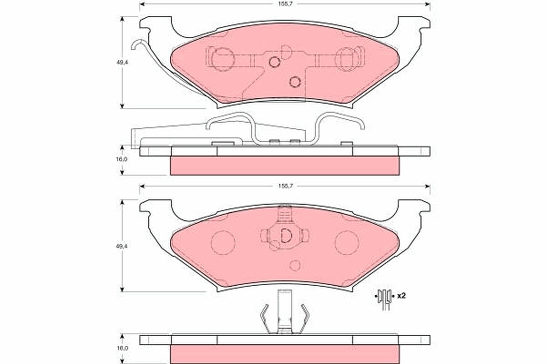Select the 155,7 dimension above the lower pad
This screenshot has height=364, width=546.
click(284, 186)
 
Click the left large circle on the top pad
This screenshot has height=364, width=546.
click(223, 60)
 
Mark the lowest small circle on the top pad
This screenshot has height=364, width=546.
click(295, 82)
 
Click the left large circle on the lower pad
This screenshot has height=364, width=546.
click(223, 242)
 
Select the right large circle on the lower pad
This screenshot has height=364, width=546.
click(347, 242)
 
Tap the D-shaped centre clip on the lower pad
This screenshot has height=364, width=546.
click(285, 235)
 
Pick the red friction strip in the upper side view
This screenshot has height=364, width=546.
click(284, 166)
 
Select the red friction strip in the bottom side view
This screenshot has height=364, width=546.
click(284, 354)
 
